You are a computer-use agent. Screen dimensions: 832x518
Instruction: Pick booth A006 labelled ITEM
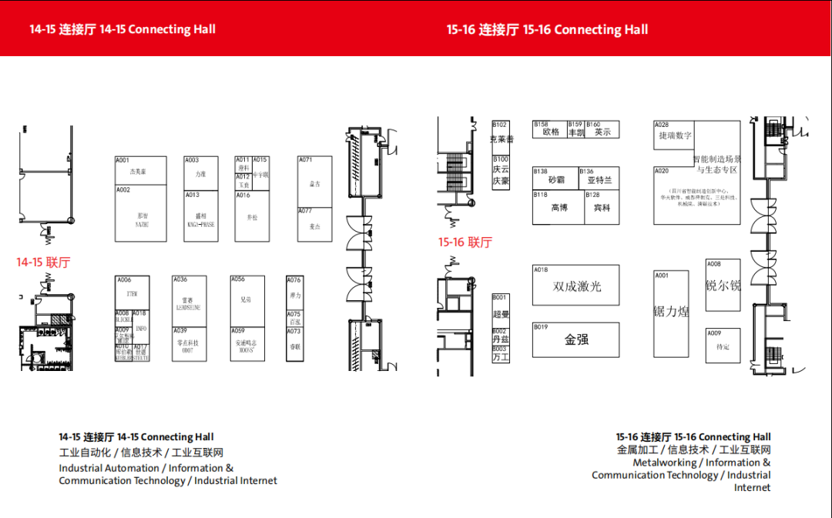click(x=133, y=293)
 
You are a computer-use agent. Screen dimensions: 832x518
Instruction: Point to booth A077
click(x=314, y=225)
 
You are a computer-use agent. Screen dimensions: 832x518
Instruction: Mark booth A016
click(x=252, y=216)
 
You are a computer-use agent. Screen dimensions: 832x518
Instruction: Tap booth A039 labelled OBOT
click(x=189, y=343)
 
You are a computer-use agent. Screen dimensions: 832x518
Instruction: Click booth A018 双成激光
click(x=576, y=286)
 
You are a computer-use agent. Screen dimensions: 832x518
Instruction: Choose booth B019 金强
click(x=576, y=339)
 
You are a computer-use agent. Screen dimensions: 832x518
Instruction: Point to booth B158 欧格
click(x=550, y=130)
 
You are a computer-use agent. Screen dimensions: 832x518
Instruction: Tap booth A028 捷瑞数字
click(x=674, y=135)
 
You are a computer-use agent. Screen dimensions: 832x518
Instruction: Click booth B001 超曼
click(x=501, y=309)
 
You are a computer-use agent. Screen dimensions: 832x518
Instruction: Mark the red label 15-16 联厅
click(x=465, y=242)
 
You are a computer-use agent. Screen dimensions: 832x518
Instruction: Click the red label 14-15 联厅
click(x=43, y=262)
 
